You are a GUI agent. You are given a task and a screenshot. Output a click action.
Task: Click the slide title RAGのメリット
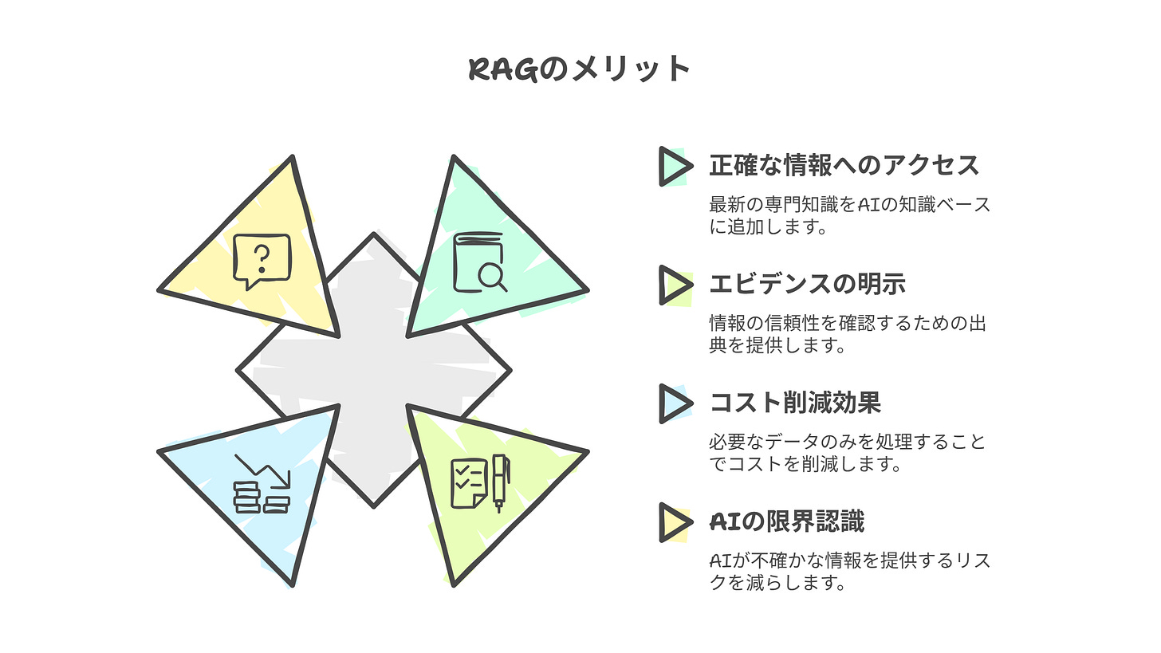579,69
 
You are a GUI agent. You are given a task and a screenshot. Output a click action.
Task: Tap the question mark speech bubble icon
262,261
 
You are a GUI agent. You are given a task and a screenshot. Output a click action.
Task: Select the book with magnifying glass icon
479,262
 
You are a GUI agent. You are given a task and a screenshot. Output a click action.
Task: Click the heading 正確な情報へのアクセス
844,166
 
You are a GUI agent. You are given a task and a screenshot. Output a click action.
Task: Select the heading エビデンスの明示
807,284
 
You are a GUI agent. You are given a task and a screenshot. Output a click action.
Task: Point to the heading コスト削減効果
795,403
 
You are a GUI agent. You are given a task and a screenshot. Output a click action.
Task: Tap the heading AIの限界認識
786,521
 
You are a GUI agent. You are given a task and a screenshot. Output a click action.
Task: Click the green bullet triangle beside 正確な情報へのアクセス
674,166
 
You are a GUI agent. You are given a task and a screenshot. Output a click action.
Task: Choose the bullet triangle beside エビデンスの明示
674,285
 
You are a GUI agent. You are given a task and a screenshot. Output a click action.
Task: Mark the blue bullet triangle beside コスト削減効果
674,403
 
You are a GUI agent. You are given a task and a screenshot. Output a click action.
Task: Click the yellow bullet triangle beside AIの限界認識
674,522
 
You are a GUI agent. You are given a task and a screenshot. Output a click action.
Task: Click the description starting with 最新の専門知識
850,215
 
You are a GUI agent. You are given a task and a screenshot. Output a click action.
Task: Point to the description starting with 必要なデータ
847,452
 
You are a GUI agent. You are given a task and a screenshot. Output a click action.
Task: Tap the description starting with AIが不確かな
850,571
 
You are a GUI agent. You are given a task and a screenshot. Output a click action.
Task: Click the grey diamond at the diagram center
373,370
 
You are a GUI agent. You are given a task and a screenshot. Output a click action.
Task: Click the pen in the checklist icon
500,482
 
